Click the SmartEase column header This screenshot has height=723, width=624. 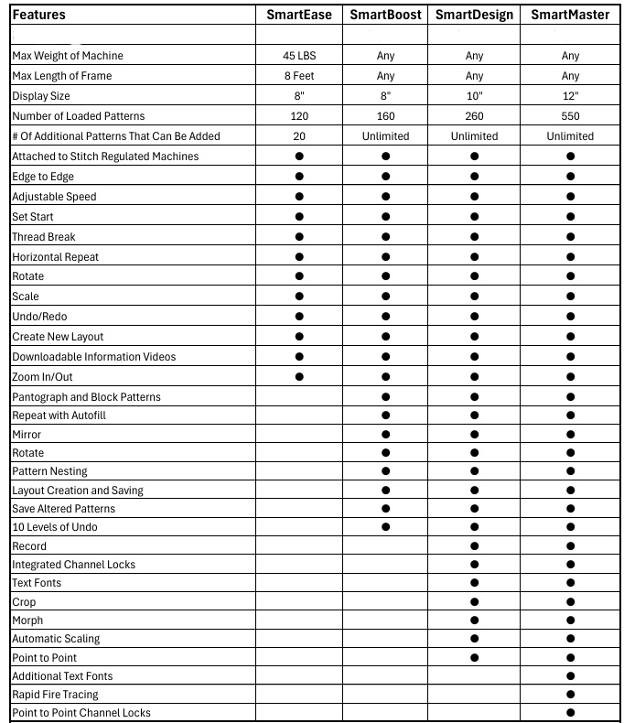pos(299,15)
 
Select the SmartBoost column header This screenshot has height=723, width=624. pos(386,15)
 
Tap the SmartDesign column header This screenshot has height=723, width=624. pos(474,15)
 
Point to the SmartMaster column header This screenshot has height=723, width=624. pos(570,15)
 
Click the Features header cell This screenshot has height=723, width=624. pos(39,15)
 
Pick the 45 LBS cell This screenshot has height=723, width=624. pos(299,56)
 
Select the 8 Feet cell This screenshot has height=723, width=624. pos(299,76)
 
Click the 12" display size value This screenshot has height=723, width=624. pos(570,96)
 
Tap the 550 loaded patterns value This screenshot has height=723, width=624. pos(570,116)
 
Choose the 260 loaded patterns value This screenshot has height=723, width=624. pos(474,116)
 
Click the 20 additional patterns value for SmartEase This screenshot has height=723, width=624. pos(299,136)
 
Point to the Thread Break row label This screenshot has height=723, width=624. pos(44,237)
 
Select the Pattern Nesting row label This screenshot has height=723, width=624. pos(49,471)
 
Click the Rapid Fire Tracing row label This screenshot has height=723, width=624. pos(55,695)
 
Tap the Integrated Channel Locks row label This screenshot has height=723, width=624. pos(73,565)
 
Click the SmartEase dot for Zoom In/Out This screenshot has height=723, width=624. pos(299,377)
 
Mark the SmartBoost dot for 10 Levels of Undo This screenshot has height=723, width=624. pos(386,527)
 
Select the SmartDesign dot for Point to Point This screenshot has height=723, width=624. pos(474,657)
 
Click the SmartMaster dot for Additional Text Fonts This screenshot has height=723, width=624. pos(570,676)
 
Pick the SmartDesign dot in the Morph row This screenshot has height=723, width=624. pos(474,620)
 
